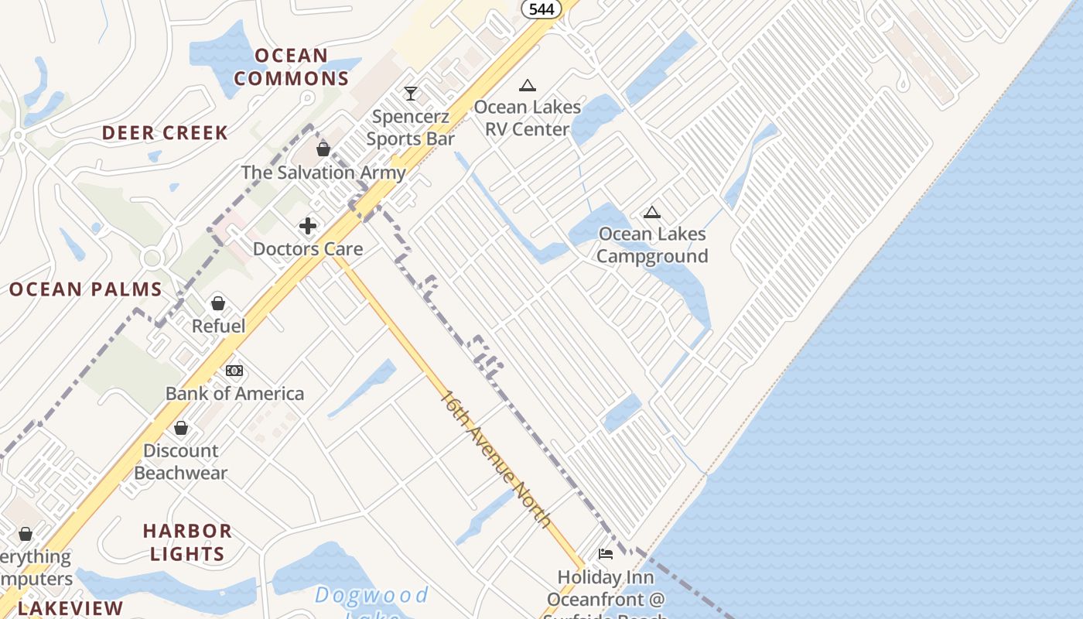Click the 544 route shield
541,9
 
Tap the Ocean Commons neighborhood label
292,67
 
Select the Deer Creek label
166,133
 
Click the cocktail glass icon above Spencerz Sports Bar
411,94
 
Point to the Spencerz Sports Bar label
410,128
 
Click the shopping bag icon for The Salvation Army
323,149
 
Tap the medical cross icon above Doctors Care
308,226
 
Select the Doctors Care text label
308,249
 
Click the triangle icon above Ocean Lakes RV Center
528,85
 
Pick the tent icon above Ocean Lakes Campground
652,212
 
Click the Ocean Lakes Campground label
652,245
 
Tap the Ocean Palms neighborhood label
86,290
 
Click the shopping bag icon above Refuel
218,303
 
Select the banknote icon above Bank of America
234,371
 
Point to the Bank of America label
234,394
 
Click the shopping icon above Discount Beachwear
181,428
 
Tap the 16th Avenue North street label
496,460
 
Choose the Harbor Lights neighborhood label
187,542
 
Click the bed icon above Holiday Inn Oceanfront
606,554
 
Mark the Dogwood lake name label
371,596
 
